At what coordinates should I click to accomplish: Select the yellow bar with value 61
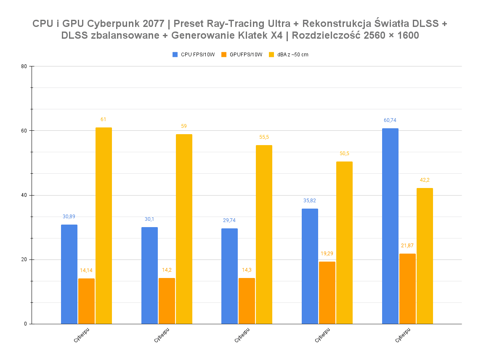[x=104, y=225]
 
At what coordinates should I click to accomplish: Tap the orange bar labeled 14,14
[x=86, y=301]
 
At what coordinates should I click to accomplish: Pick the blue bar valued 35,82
[x=310, y=266]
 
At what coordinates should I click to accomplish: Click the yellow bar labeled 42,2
[x=425, y=256]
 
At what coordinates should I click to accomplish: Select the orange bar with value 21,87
[x=407, y=289]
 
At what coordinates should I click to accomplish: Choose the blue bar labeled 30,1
[x=149, y=275]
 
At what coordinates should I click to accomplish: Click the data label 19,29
[x=327, y=254]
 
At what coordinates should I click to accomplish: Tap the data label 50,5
[x=344, y=154]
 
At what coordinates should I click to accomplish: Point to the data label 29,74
[x=229, y=220]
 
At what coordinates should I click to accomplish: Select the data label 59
[x=184, y=126]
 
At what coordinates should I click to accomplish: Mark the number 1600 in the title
[x=407, y=36]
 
